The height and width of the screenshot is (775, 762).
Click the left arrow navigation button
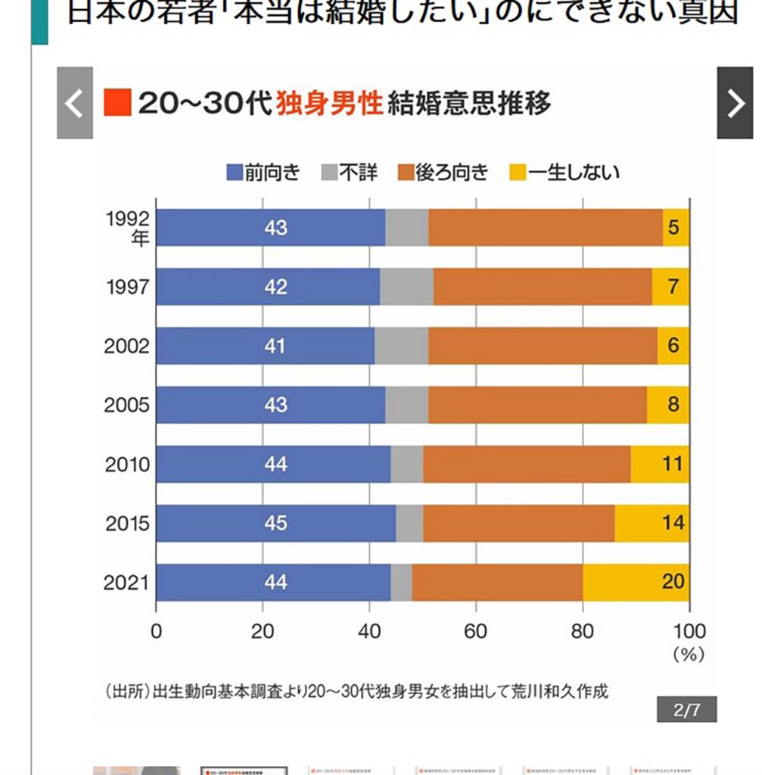coord(74,103)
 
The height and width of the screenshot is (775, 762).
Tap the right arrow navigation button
coord(734,103)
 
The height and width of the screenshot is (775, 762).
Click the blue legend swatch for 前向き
coord(235,173)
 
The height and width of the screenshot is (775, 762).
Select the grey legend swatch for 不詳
coord(329,173)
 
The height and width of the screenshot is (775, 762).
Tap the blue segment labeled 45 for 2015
coord(275,523)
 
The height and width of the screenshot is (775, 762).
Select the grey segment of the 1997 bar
coord(406,287)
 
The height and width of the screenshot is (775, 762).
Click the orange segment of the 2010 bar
coord(527,464)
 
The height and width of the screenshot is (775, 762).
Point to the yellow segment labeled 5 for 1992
coord(676,227)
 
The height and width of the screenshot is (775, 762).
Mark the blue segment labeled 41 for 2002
coord(265,346)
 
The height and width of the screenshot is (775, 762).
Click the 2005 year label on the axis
coord(127,405)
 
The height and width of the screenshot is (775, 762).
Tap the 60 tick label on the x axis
coord(476,632)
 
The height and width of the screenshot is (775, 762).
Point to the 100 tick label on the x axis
coord(688,632)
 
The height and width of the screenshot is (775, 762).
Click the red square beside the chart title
coord(117,103)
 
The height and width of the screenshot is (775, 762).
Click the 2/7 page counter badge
coord(686,709)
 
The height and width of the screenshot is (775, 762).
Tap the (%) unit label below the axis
coord(688,655)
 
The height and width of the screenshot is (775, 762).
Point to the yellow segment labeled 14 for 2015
coord(652,523)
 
